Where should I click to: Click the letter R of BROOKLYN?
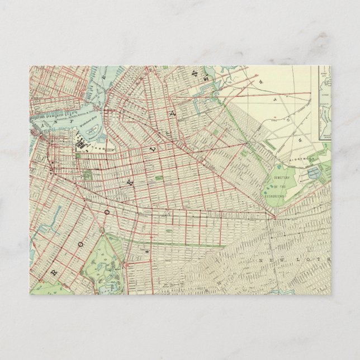coord(54,272)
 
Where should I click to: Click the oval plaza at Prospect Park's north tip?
coord(102,230)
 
